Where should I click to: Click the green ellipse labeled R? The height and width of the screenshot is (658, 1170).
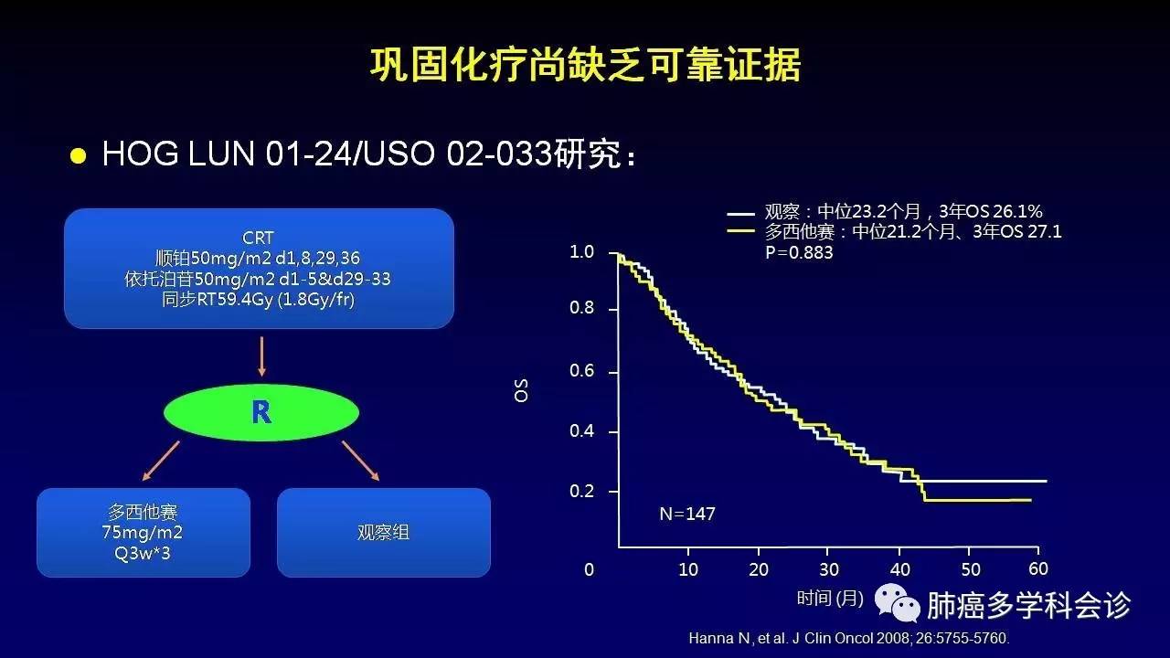point(261,412)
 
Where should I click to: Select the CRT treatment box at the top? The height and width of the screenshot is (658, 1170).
point(259,269)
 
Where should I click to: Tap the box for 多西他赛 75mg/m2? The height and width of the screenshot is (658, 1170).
point(144,533)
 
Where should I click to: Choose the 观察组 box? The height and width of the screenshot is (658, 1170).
point(384,533)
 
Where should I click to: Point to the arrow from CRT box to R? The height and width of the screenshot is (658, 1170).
point(261,356)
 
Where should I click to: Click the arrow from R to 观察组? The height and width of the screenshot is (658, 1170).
point(360,461)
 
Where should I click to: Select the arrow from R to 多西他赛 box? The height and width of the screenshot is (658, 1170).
point(161,461)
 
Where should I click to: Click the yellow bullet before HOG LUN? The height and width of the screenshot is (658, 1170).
point(78,155)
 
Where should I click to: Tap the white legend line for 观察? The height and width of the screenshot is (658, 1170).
point(740,214)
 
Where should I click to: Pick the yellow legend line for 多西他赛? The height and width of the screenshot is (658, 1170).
point(740,231)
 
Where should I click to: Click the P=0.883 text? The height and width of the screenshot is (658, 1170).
point(799,253)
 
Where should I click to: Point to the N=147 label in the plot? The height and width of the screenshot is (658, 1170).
point(687,514)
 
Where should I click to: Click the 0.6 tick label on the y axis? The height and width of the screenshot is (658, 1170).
point(582,371)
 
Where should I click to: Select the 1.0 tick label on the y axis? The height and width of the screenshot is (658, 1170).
point(582,252)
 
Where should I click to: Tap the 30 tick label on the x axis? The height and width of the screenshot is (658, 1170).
point(829,569)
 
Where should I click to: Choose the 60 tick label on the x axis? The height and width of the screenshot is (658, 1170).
point(1038,568)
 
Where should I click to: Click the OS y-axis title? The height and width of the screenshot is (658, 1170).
point(521,390)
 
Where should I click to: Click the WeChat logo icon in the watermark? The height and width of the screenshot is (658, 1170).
point(898,603)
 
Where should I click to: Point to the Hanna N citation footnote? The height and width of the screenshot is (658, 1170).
point(849,638)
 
